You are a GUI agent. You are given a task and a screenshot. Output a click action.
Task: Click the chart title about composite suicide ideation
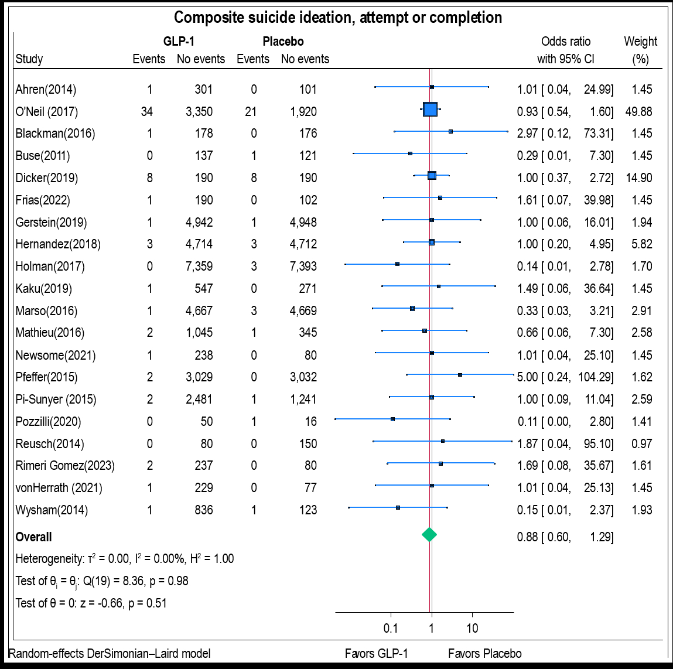(338, 18)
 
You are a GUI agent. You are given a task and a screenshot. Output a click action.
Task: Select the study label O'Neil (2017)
(46, 111)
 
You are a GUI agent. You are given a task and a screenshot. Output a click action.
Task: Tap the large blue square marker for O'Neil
(430, 109)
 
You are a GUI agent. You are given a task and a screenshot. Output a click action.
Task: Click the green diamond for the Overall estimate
(429, 534)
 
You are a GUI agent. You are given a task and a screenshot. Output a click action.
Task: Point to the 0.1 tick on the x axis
(391, 629)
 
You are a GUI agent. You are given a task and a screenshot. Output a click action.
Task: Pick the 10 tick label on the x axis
(472, 629)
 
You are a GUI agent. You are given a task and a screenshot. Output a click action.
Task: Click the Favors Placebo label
(484, 654)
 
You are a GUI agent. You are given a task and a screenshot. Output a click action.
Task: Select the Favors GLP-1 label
(376, 654)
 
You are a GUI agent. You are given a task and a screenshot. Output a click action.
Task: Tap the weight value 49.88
(638, 111)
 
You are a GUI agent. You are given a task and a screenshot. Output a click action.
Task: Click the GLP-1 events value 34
(147, 111)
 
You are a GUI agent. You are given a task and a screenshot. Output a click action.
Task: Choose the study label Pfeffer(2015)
(46, 377)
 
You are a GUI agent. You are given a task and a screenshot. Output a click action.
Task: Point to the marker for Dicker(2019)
(432, 175)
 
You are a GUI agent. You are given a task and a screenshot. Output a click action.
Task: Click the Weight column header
(640, 42)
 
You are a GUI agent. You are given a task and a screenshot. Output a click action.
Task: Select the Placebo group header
(283, 42)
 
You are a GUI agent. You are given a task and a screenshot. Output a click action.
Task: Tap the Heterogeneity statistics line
(125, 559)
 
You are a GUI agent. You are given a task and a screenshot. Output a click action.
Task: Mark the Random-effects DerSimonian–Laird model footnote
(110, 654)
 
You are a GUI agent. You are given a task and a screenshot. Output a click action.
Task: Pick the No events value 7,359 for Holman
(199, 267)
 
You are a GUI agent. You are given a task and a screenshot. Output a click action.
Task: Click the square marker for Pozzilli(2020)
(392, 419)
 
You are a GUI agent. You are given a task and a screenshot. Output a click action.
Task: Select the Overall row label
(33, 537)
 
